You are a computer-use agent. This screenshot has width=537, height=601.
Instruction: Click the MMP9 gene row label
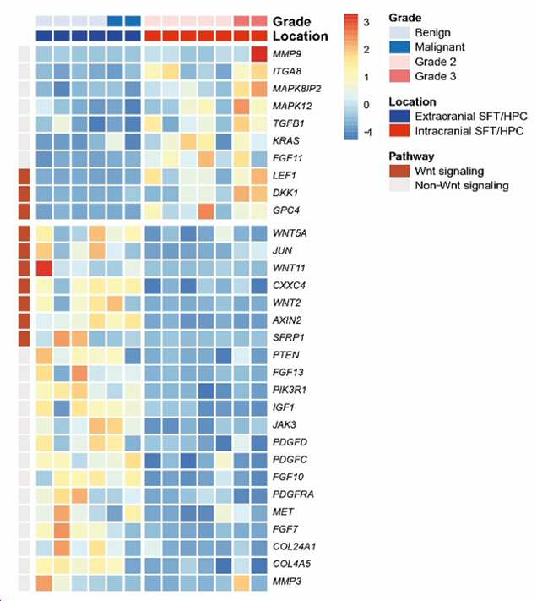pos(287,54)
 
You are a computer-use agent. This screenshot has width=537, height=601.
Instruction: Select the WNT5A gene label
pos(290,233)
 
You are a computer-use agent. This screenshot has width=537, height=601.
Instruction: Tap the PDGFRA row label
pos(293,494)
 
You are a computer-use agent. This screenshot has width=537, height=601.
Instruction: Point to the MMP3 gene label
pos(287,581)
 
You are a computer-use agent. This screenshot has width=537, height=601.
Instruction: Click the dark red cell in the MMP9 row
pos(259,54)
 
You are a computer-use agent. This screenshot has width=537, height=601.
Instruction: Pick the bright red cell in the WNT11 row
pos(44,268)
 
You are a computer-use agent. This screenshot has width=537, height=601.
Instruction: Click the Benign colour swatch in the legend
pos(399,33)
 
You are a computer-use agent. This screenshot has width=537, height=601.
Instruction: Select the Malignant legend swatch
pos(399,47)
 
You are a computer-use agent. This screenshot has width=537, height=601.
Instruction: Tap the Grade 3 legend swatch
pos(399,76)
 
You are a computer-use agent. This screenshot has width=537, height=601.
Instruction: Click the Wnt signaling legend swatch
pos(399,171)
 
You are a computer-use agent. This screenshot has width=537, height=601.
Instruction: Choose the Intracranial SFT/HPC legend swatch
pos(399,131)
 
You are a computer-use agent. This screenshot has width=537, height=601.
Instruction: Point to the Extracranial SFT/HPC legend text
pos(471,116)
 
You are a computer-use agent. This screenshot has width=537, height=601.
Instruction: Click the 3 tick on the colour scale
pos(366,22)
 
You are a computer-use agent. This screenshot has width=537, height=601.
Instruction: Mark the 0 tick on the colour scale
pos(366,105)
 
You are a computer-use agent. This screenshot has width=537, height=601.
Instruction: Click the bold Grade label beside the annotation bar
pos(291,21)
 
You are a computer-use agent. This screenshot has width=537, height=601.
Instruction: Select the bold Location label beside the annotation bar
pos(301,36)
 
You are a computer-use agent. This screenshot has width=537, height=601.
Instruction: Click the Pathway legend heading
pos(411,156)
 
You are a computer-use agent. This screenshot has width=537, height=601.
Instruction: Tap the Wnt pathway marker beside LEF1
pos(24,176)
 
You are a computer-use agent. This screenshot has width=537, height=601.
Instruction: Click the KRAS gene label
pos(286,140)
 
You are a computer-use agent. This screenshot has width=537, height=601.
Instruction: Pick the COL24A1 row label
pos(294,546)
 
